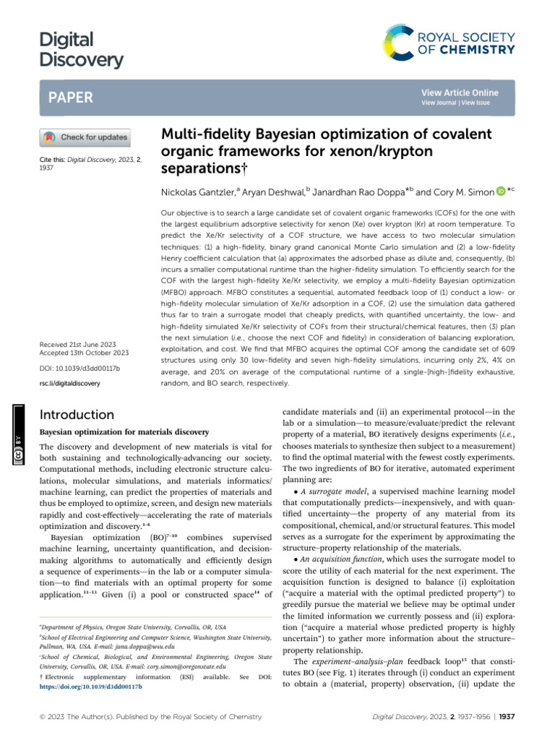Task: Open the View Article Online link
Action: pos(459,93)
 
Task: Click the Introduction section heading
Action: pos(77,415)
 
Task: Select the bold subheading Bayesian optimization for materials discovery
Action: pos(124,432)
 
